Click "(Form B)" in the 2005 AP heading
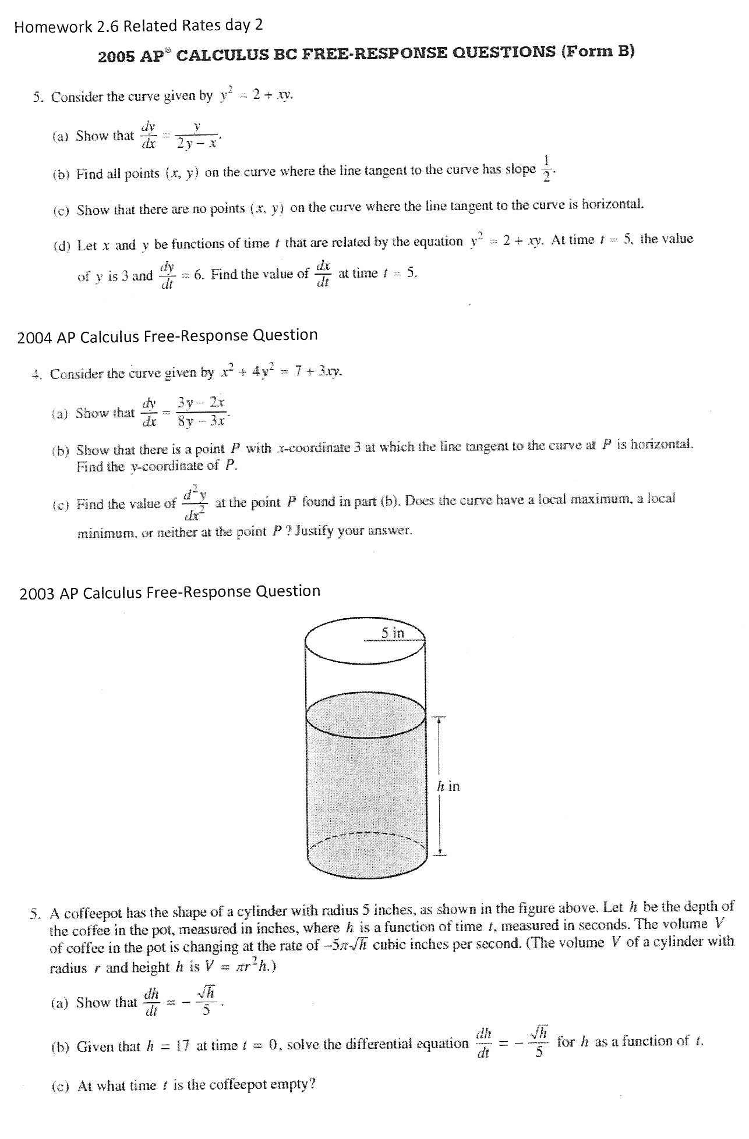pyautogui.click(x=598, y=51)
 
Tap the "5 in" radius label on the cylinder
pyautogui.click(x=393, y=633)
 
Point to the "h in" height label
pyautogui.click(x=448, y=786)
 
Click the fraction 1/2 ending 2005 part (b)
pyautogui.click(x=546, y=169)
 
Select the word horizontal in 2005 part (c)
pyautogui.click(x=612, y=204)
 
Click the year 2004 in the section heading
pyautogui.click(x=36, y=338)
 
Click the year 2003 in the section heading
pyautogui.click(x=37, y=594)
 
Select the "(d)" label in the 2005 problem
pyautogui.click(x=61, y=246)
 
